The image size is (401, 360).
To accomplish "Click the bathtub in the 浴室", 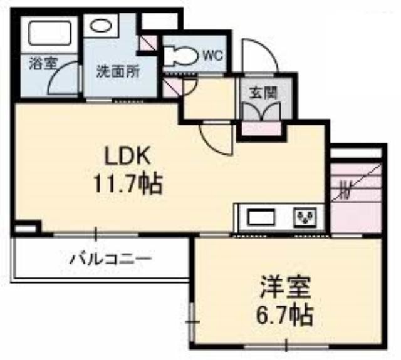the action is pos(49,33).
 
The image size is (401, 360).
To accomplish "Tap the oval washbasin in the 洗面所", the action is pos(100,26).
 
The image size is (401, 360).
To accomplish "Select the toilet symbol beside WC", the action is pos(180,54).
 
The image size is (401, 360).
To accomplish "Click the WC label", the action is pos(212,56).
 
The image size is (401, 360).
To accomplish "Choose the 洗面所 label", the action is pos(118,71).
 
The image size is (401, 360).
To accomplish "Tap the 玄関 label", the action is pos(263,93).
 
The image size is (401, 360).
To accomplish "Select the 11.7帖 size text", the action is pos(128,183).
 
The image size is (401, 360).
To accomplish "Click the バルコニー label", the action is pos(111,259).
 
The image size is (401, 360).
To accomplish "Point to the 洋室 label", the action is pos(285,287).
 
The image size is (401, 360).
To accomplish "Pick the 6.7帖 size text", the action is pos(285,314).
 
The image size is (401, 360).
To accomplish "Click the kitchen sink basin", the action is pos(262,217).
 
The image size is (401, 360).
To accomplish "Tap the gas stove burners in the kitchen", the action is pos(306,217).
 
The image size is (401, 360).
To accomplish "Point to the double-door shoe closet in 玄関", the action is pos(261,111).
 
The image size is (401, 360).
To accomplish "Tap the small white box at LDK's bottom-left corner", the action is pos(24,229).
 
